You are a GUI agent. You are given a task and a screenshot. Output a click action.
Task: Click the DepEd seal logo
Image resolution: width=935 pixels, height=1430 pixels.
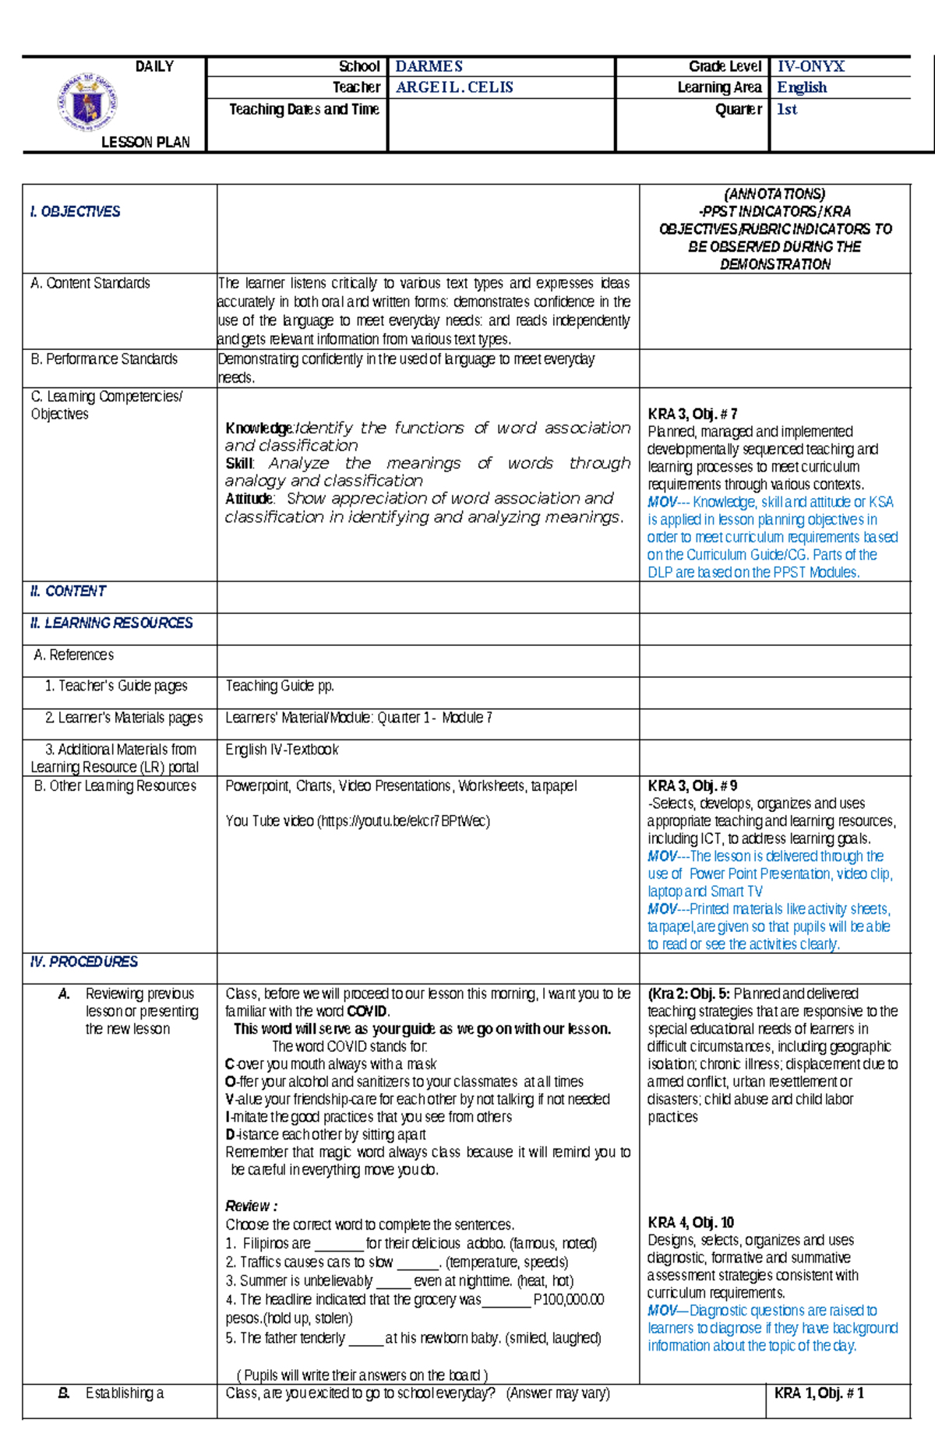point(87,102)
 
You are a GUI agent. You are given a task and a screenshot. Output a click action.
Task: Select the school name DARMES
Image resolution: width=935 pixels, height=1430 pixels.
point(429,66)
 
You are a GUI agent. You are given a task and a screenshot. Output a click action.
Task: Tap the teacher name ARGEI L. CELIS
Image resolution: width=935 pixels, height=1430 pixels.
point(454,87)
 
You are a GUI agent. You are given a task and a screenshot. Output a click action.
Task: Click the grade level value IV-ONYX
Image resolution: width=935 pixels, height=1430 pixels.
point(810,66)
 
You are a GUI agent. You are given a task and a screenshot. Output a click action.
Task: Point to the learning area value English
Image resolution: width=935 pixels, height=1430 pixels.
point(802,87)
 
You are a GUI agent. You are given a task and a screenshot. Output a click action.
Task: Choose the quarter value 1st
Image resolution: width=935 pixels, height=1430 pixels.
point(787,109)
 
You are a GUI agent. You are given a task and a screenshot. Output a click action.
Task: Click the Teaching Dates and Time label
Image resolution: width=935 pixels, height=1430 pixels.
point(304,109)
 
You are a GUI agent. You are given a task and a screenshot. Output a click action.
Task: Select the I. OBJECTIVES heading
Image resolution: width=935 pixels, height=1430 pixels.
point(75,211)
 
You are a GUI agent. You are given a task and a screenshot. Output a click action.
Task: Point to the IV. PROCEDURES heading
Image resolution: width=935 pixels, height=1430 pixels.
point(83,962)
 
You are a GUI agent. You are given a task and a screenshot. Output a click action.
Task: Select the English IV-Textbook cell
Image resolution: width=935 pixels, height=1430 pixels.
point(282,749)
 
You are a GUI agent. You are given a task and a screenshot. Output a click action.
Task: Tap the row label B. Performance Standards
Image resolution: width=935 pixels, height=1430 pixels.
point(104,358)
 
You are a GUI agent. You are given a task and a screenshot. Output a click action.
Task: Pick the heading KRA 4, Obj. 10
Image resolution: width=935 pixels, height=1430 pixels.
point(690,1222)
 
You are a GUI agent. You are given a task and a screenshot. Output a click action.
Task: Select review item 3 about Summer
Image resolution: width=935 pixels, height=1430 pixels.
point(399,1280)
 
